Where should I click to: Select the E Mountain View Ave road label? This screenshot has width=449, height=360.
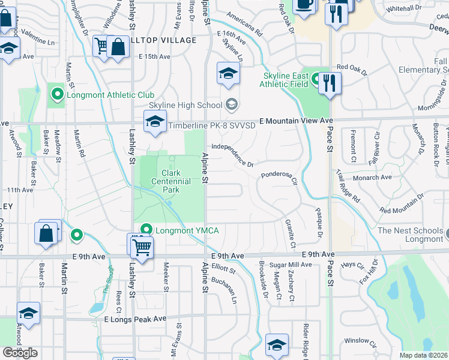(296, 121)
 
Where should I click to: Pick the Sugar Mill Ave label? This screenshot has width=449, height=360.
(291, 265)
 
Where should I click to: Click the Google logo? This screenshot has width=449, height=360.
(20, 352)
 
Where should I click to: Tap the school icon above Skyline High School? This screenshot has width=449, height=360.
(228, 74)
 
